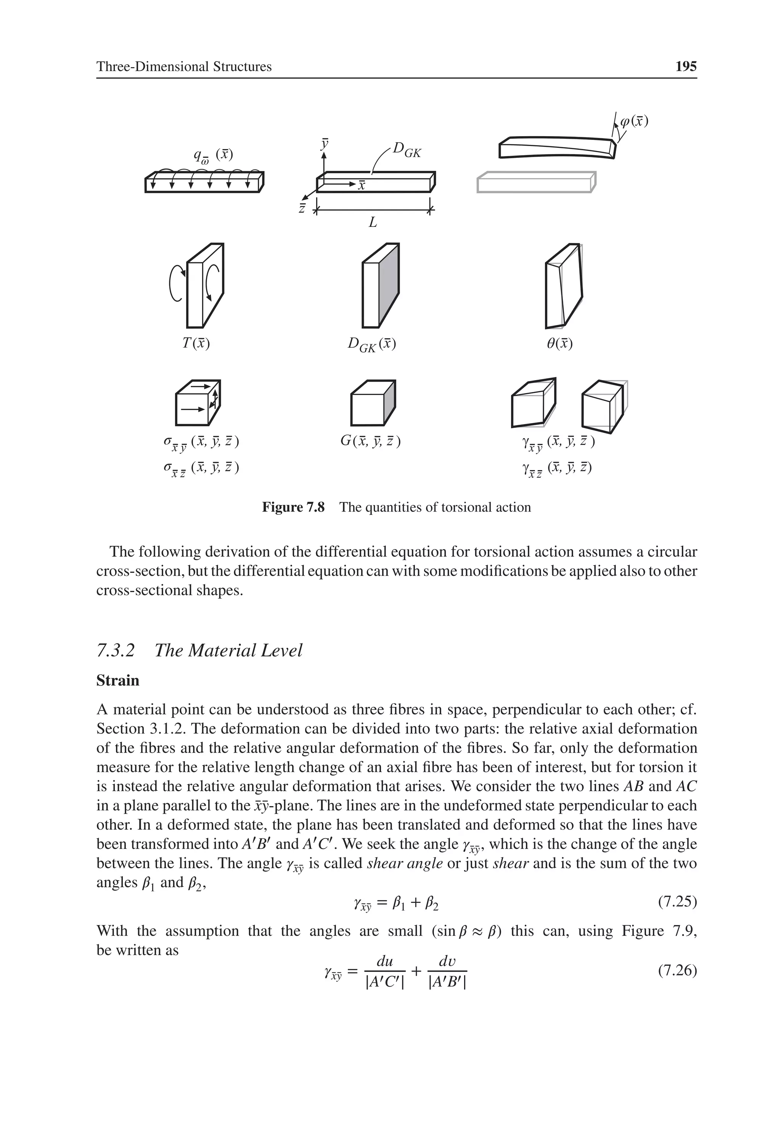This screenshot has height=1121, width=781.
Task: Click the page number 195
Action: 685,66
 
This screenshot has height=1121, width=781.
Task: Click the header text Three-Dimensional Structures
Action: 184,67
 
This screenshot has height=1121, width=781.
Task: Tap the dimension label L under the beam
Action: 373,223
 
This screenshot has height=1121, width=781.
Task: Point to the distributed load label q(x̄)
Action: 213,155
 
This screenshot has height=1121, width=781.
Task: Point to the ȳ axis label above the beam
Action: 324,145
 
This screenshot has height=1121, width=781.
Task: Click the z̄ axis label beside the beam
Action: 302,209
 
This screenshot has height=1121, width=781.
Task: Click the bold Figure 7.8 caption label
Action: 293,507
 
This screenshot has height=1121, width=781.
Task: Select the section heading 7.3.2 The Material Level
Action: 199,650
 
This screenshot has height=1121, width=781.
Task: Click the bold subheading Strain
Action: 118,681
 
